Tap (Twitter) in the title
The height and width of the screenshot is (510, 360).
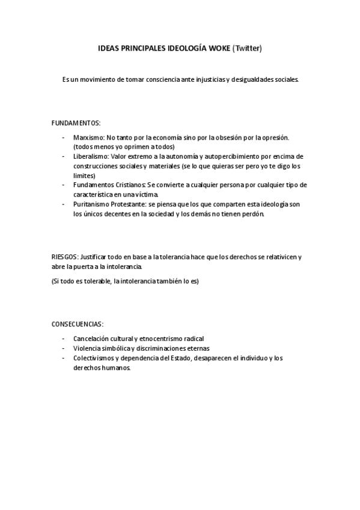pos(247,48)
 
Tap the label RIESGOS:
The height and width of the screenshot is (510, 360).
pos(64,256)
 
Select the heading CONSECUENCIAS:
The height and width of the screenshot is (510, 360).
pos(78,323)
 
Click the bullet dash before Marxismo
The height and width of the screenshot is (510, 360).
pos(63,138)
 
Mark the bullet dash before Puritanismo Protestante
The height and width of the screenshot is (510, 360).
pos(63,204)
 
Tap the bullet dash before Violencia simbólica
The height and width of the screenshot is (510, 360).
pos(63,348)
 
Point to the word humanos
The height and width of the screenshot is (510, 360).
pos(117,367)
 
